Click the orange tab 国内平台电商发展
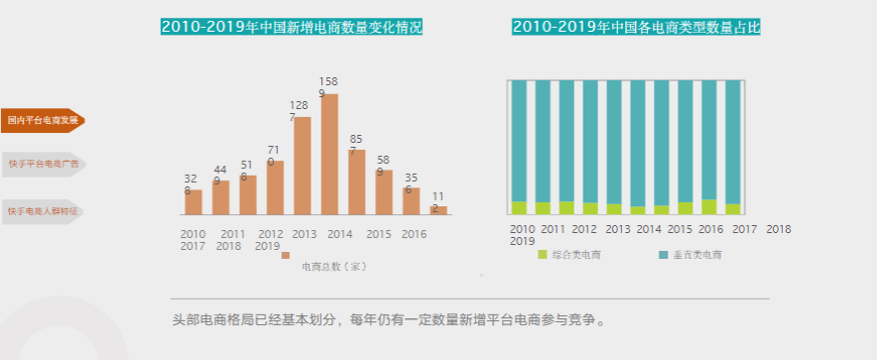click(42, 120)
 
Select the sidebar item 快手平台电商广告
click(42, 164)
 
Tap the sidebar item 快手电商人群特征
click(42, 211)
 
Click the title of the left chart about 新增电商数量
click(291, 27)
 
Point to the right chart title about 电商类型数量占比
click(636, 27)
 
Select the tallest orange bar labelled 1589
click(329, 154)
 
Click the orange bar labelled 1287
click(303, 166)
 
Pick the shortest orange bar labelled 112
click(438, 210)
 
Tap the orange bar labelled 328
click(193, 201)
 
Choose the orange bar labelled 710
click(275, 187)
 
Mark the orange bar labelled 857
click(357, 181)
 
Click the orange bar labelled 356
click(412, 200)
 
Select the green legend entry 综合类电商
click(570, 255)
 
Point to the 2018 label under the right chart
click(779, 229)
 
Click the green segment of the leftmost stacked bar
click(518, 208)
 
